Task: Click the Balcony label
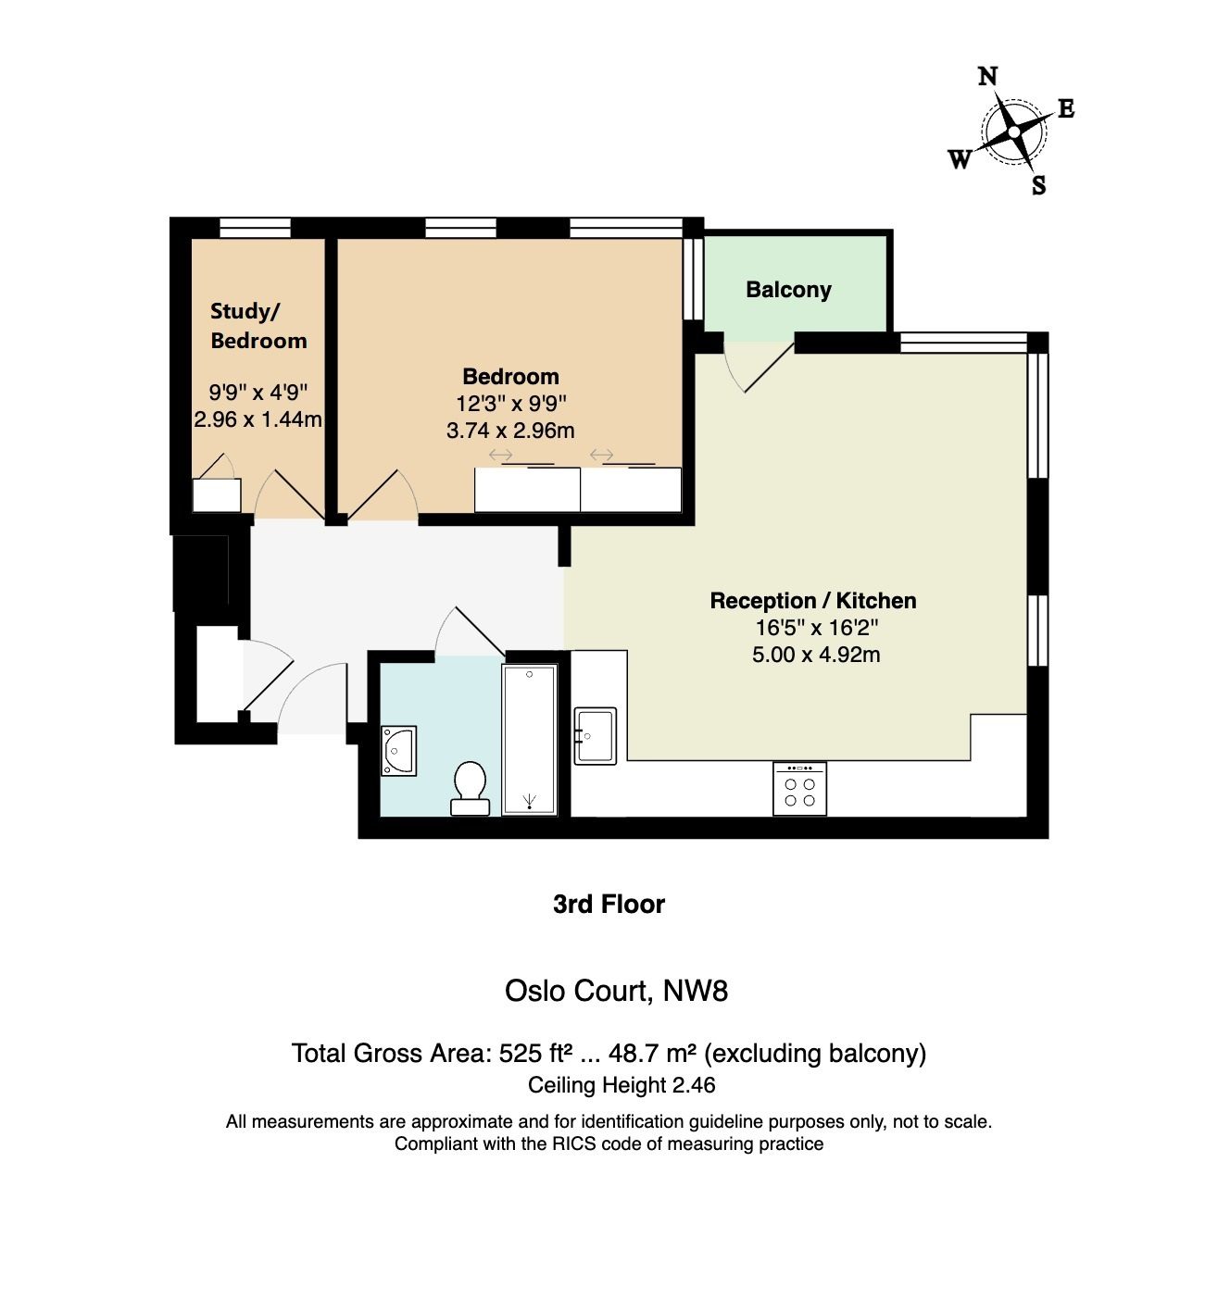pos(788,290)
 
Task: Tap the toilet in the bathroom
pos(470,789)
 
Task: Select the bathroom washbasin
pos(398,751)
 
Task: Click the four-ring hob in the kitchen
pos(799,788)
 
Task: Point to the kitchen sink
pos(595,736)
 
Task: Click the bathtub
pos(530,740)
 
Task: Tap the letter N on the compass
pos(987,77)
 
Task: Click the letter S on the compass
pos(1039,185)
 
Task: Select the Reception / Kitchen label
pos(813,601)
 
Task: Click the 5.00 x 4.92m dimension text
pos(816,655)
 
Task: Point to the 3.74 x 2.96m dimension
pos(510,431)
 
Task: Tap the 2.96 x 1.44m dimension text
pos(257,419)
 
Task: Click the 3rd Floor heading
pos(609,905)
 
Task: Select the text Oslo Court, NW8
pos(616,991)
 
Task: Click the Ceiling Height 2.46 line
pos(622,1085)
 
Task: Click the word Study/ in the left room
pos(245,311)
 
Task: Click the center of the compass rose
pos(1014,132)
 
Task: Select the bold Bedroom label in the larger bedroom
pos(511,377)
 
